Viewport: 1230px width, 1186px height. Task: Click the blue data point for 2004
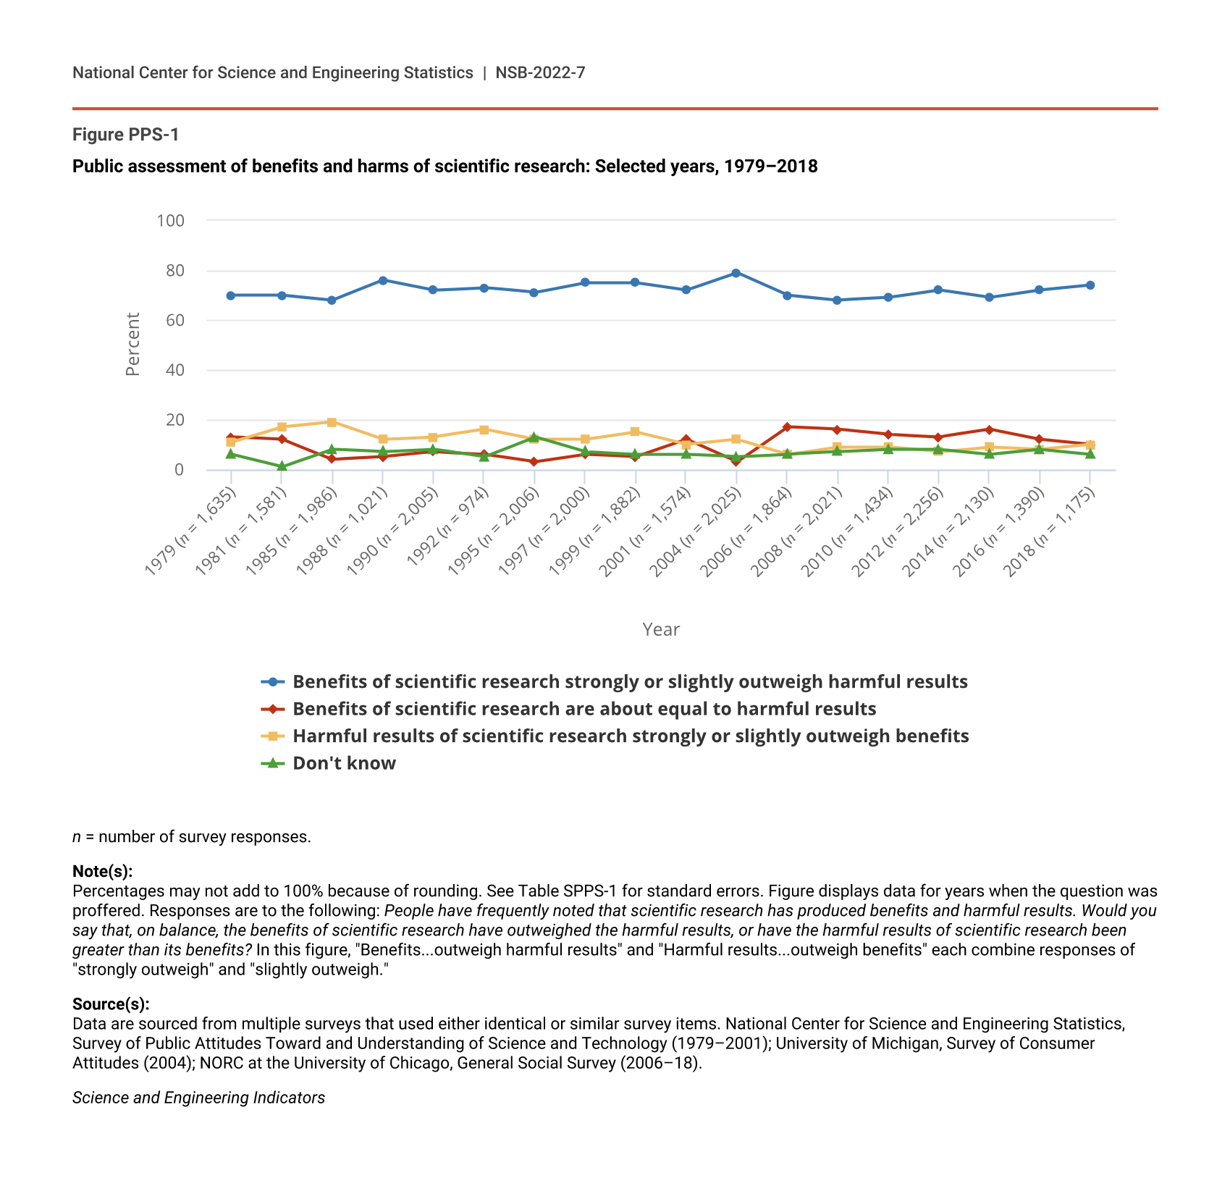[736, 273]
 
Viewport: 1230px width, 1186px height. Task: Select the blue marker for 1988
[382, 280]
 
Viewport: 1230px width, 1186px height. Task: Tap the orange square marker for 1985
[332, 422]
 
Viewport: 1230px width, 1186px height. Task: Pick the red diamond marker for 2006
[787, 426]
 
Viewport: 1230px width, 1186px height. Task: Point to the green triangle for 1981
[282, 466]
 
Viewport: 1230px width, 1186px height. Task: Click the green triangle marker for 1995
[534, 437]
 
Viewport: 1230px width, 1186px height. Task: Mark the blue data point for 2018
[1090, 285]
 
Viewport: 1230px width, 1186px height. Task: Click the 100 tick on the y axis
[171, 220]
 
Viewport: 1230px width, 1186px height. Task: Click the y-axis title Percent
[132, 344]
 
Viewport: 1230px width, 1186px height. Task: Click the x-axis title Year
[660, 629]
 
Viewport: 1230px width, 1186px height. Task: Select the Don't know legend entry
[344, 763]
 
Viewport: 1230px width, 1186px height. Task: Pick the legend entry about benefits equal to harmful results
[584, 709]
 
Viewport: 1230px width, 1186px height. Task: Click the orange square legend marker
[272, 736]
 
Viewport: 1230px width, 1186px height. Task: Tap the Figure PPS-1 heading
[125, 135]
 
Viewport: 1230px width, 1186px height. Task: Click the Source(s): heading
[111, 1004]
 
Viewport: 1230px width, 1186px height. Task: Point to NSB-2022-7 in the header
[540, 72]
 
